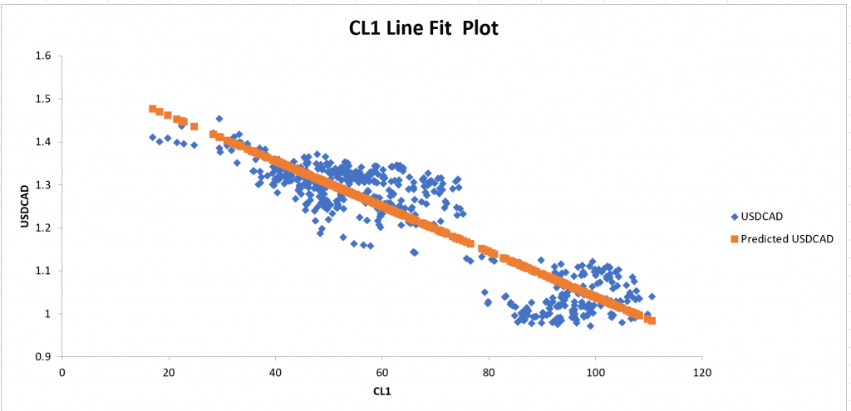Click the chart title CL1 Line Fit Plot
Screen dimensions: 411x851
point(423,29)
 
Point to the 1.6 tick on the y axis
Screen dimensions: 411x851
point(44,56)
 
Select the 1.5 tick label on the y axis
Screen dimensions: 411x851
point(44,99)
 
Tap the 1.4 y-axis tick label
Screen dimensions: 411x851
point(44,142)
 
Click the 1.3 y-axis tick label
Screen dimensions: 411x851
point(44,185)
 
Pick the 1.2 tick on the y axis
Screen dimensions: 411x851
point(44,228)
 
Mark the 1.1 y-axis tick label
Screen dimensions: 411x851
point(44,271)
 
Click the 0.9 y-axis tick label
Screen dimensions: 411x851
point(44,357)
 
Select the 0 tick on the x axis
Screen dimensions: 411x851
point(62,372)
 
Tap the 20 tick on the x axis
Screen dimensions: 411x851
point(169,372)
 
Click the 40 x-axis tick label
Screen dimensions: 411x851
point(275,372)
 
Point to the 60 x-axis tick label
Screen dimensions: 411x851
point(382,372)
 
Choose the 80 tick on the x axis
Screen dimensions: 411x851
point(489,372)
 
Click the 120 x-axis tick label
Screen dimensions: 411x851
point(701,372)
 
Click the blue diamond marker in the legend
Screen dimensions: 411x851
point(734,218)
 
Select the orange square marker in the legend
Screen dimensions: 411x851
point(734,239)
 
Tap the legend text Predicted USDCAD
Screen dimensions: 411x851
point(787,239)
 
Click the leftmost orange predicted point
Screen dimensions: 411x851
point(152,109)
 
